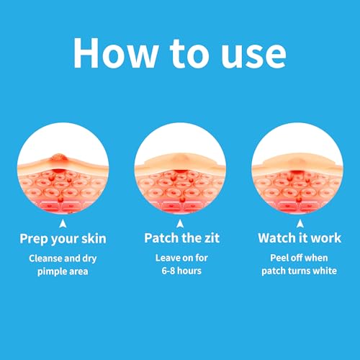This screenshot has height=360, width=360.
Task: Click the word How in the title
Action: (116, 53)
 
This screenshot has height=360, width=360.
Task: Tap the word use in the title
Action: (253, 55)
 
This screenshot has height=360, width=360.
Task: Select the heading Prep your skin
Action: (63, 239)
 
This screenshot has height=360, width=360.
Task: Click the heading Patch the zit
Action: (181, 238)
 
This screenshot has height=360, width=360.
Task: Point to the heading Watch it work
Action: (300, 238)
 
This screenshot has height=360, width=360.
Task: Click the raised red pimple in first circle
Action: (58, 158)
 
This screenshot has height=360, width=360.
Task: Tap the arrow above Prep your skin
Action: (63, 223)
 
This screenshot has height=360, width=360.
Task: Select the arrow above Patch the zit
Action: (180, 223)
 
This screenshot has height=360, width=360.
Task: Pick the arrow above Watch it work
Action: (300, 223)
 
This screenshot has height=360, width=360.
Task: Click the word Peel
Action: (279, 258)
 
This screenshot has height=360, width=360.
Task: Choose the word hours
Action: (189, 271)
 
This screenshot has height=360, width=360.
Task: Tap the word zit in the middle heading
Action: (212, 238)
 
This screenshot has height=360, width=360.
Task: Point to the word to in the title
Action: (189, 54)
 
